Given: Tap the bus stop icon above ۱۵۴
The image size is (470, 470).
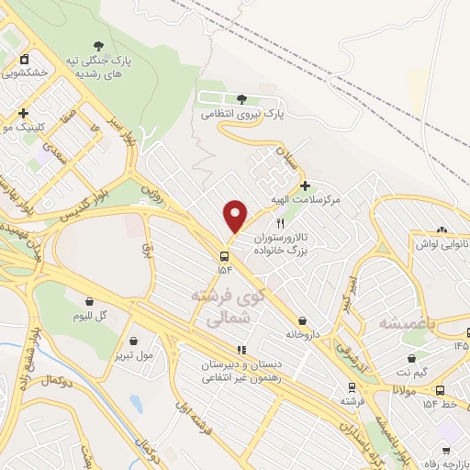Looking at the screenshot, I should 225,255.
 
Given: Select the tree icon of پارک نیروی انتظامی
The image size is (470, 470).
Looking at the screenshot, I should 241,99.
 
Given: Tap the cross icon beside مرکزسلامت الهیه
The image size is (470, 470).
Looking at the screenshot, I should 305,186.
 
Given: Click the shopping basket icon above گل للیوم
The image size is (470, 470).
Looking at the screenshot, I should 90,301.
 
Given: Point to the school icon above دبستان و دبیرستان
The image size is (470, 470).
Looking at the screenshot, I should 241,350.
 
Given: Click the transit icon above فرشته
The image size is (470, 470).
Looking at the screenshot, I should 351,386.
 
